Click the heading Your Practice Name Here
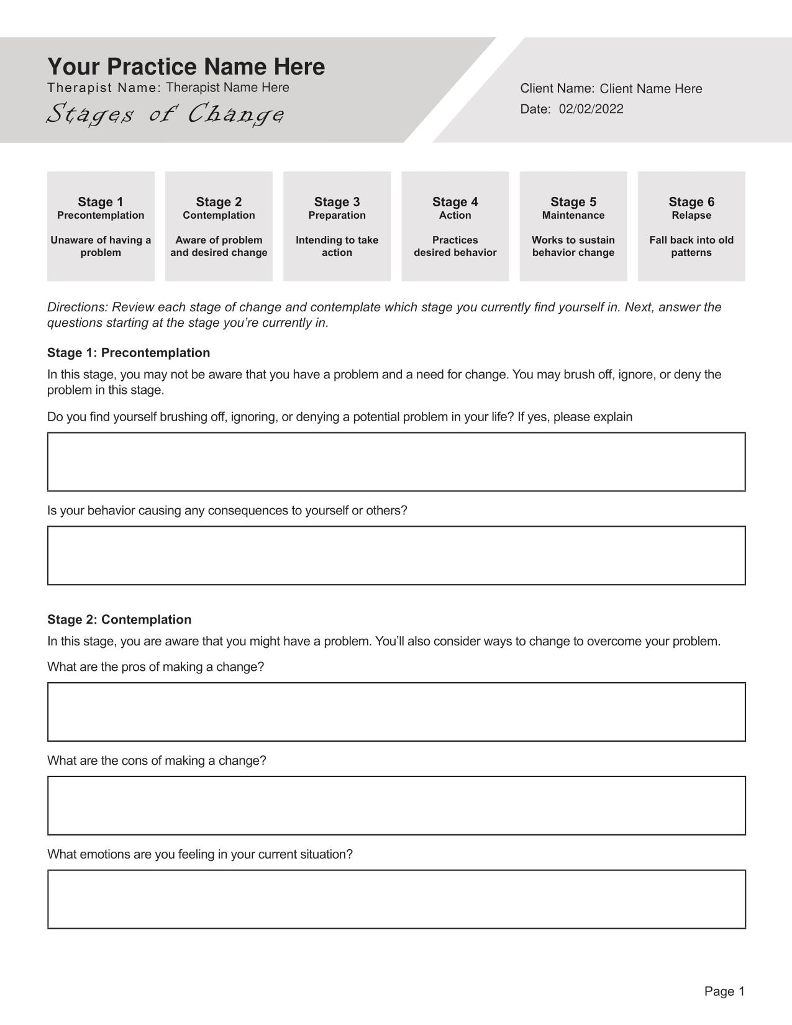186,67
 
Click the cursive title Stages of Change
166,114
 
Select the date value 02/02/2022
591,109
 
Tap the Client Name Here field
650,89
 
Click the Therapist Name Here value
227,88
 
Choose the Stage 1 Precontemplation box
101,226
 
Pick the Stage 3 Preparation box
337,226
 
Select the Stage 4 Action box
455,226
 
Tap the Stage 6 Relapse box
691,226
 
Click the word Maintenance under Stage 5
573,216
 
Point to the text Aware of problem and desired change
219,247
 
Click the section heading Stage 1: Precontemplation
129,353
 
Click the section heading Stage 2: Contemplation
119,620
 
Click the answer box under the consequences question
396,555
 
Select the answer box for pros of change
396,712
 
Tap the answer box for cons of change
396,806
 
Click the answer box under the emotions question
396,900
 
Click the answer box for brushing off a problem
396,462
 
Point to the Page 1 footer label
724,991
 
